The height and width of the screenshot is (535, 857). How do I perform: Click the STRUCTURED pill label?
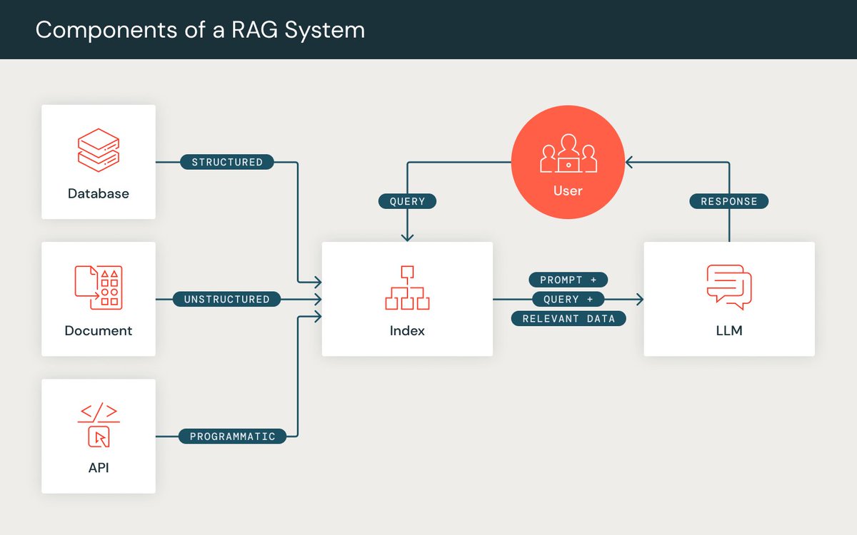click(x=227, y=162)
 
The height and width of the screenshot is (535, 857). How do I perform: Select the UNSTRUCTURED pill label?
click(x=226, y=299)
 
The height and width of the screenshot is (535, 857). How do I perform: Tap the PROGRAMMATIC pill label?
click(x=232, y=436)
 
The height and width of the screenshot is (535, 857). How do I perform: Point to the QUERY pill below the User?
click(x=407, y=201)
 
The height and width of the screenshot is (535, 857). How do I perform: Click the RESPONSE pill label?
click(x=728, y=201)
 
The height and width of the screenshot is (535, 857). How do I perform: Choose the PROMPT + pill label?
click(x=568, y=280)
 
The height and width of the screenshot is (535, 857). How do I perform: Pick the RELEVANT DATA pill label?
click(x=568, y=318)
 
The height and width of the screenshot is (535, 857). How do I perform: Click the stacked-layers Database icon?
click(x=99, y=150)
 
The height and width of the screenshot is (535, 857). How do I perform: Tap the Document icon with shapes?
click(x=99, y=287)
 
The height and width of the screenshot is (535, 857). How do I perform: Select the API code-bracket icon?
click(x=99, y=425)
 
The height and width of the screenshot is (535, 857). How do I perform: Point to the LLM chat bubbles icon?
click(x=728, y=287)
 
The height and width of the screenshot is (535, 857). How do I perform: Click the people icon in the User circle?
click(x=568, y=153)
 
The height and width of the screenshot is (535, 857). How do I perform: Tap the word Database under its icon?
click(x=99, y=193)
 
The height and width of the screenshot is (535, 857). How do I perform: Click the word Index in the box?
click(x=407, y=330)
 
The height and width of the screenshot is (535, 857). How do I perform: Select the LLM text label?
click(x=728, y=330)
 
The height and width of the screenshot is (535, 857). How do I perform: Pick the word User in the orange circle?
click(x=568, y=190)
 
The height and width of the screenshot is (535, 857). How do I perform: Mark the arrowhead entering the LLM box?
click(x=639, y=299)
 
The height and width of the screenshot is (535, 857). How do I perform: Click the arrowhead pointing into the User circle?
click(x=629, y=162)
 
